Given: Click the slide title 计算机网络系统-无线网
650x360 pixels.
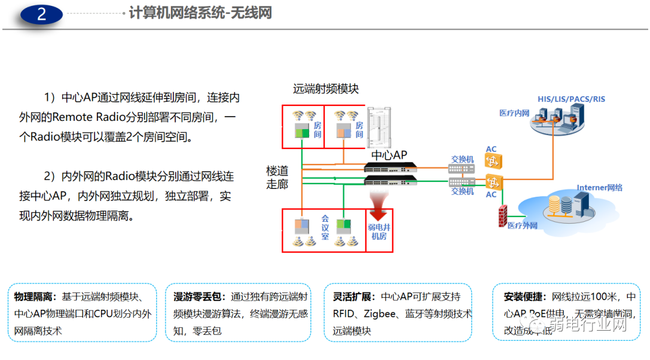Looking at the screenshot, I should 201,13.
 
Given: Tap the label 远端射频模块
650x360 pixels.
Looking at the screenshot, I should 326,89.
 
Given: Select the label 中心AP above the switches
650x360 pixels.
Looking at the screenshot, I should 389,155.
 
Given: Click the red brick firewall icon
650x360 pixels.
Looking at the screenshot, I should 503,216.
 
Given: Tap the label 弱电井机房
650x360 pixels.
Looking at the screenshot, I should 379,232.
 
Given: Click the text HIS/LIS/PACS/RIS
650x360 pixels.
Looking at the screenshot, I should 571,99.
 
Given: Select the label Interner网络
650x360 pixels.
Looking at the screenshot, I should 599,188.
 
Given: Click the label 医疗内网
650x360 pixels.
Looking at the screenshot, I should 514,113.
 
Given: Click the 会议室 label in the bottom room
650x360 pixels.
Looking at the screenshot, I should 325,228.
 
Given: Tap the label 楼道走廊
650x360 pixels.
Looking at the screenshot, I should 277,178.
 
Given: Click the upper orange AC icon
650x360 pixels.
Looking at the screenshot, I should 493,161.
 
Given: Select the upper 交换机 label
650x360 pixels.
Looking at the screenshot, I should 462,160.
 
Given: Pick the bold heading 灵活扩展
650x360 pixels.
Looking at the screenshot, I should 353,297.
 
